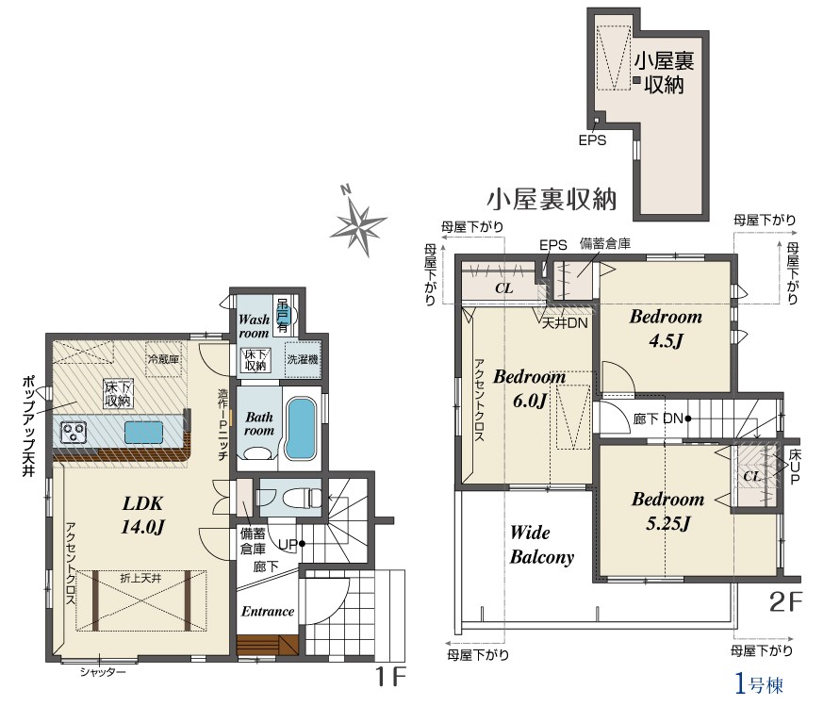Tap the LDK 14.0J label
[142, 515]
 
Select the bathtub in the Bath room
[301, 429]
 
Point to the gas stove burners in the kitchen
[74, 432]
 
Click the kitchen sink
[143, 433]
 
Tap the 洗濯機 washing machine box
[303, 359]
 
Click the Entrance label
[268, 611]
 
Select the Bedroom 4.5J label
[666, 328]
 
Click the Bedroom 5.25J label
[668, 511]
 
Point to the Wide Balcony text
[541, 544]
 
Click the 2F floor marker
[786, 602]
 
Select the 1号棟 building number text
[759, 684]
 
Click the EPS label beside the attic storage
[592, 140]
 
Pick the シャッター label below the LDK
[103, 672]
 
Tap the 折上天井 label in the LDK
[140, 578]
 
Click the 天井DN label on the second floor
[565, 323]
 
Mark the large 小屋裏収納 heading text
[552, 199]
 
